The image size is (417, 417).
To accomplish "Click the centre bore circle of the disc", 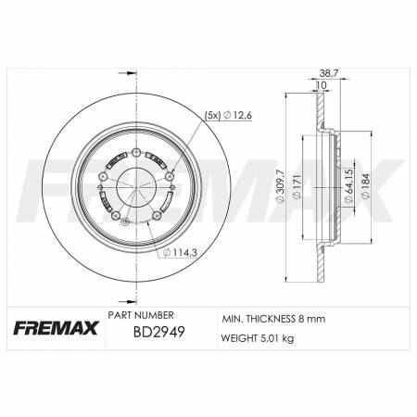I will (136, 183).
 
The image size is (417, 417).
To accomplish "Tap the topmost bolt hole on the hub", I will (136, 153).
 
